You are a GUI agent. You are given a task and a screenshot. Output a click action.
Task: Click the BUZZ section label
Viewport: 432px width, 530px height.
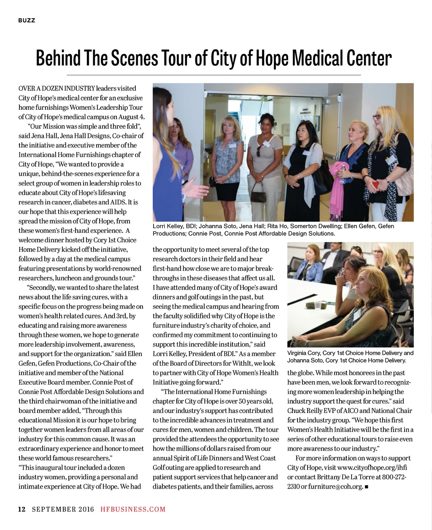27,20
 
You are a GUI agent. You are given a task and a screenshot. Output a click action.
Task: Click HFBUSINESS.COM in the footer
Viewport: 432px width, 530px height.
133,509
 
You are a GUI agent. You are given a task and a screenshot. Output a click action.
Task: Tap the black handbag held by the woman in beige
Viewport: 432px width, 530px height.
259,195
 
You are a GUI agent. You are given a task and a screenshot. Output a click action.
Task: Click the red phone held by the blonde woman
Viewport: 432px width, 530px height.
375,184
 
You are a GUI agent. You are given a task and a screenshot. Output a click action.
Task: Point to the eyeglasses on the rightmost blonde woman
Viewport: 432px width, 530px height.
376,117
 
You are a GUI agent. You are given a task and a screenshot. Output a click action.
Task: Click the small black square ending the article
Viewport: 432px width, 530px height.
367,487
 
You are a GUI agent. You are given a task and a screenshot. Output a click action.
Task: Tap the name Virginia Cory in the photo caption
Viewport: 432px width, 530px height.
303,353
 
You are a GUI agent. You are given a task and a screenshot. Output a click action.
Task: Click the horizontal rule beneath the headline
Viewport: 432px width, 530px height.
216,75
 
